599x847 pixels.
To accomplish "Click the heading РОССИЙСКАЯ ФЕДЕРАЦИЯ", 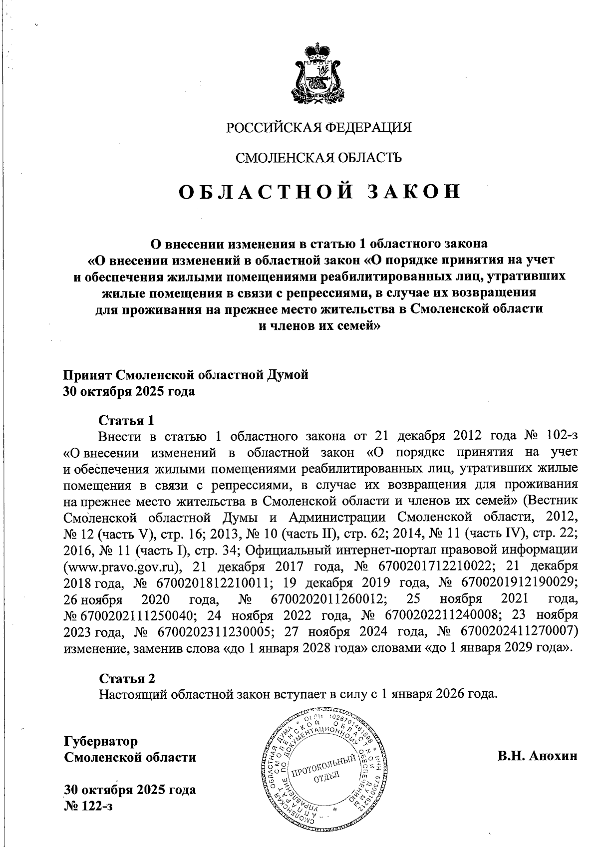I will pos(319,128).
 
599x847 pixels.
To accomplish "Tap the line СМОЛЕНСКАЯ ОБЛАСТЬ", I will pos(319,158).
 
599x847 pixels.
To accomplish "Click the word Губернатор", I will pos(101,741).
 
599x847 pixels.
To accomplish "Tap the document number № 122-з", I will pos(88,806).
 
